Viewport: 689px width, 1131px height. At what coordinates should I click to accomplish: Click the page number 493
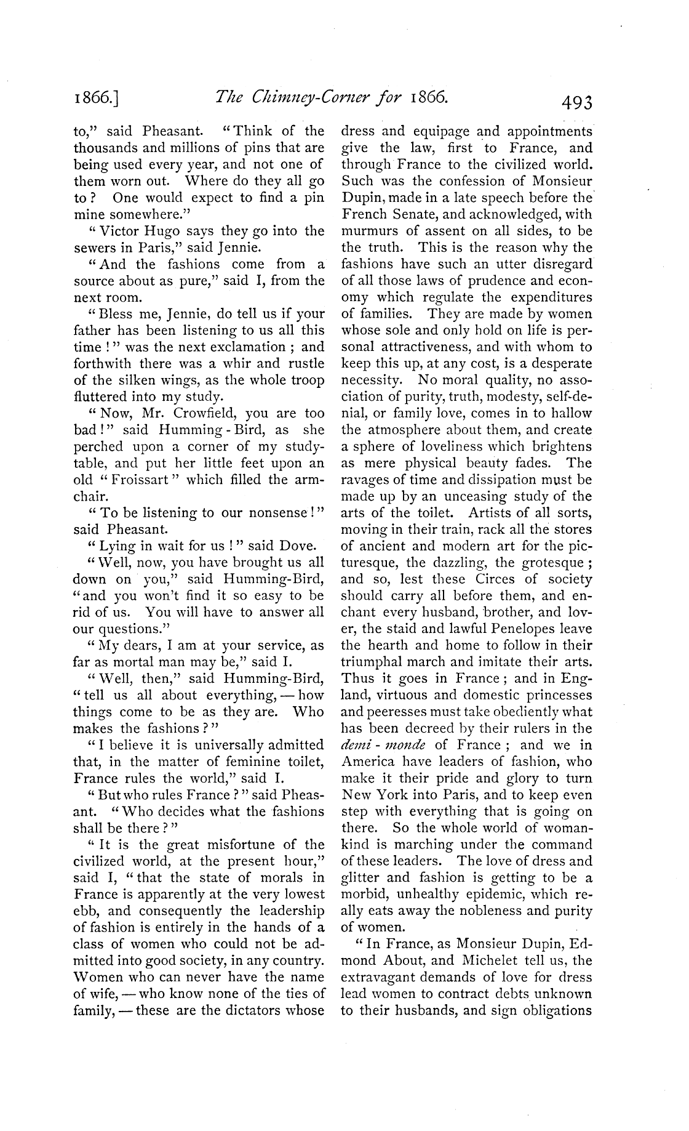pyautogui.click(x=572, y=100)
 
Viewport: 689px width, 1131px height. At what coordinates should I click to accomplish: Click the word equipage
pyautogui.click(x=442, y=131)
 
